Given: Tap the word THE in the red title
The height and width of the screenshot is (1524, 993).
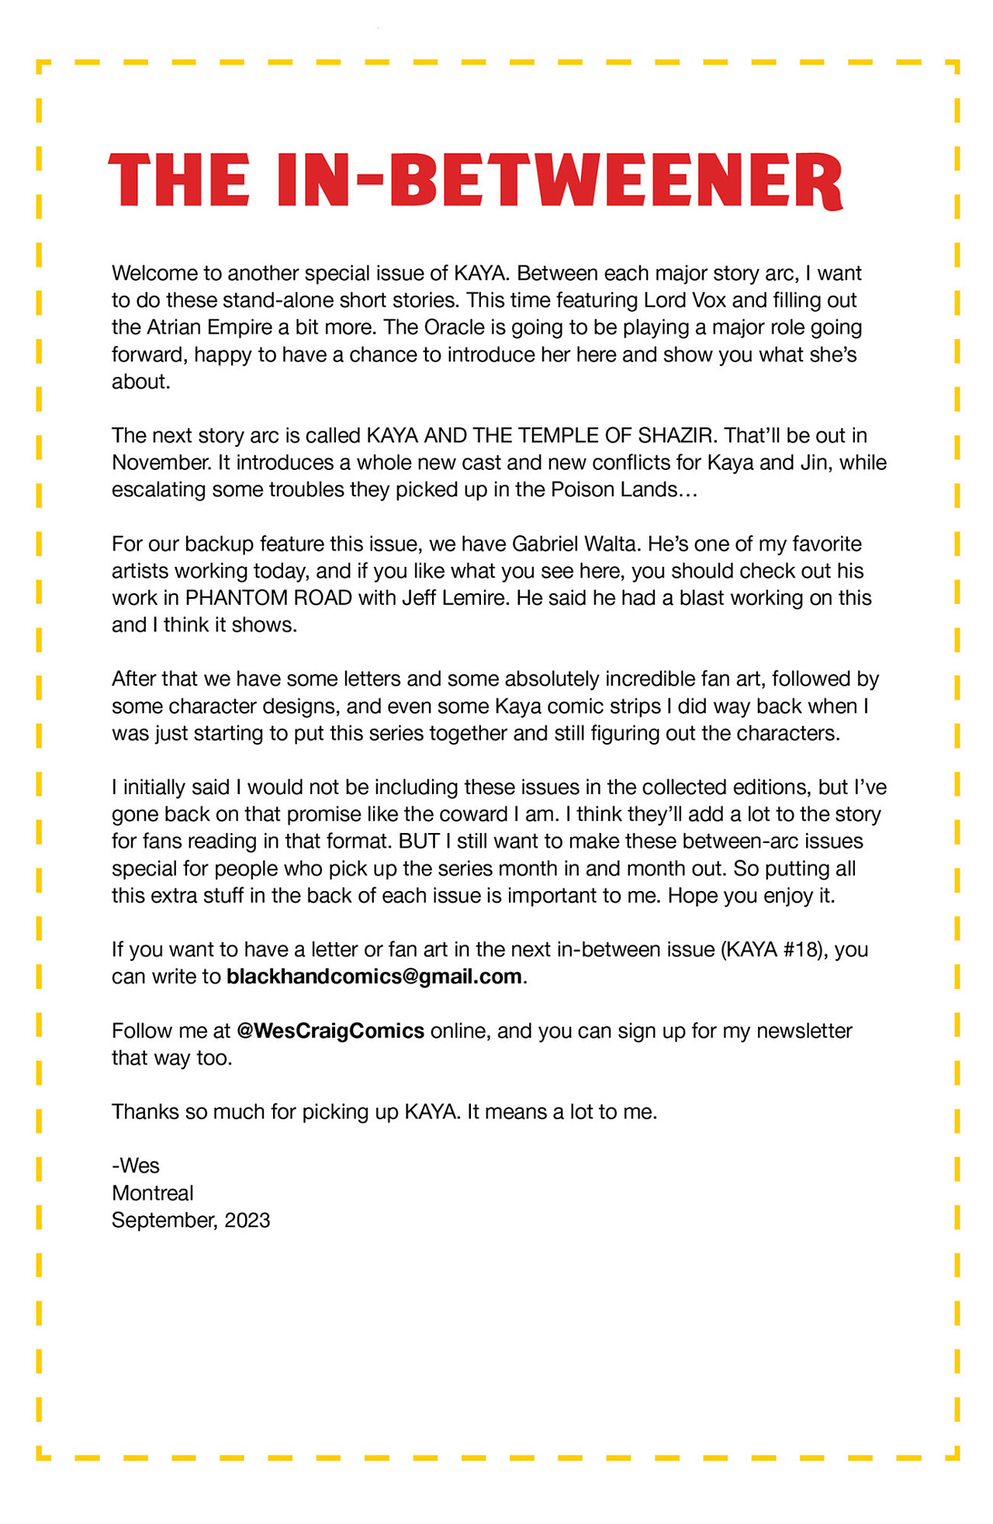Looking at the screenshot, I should pyautogui.click(x=179, y=181).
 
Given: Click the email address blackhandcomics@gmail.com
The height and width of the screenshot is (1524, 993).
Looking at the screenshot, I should pyautogui.click(x=374, y=976).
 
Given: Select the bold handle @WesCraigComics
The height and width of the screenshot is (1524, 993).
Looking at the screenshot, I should pyautogui.click(x=330, y=1031).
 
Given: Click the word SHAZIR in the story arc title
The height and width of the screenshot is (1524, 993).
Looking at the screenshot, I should pyautogui.click(x=674, y=436).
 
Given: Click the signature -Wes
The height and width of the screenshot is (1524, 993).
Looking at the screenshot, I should pyautogui.click(x=136, y=1166).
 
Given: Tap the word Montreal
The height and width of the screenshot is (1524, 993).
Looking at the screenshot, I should pyautogui.click(x=153, y=1193).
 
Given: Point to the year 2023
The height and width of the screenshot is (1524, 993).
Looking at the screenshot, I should pyautogui.click(x=247, y=1220).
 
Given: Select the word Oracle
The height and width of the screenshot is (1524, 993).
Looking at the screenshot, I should pyautogui.click(x=457, y=327).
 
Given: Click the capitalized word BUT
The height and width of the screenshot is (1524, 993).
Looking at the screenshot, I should pyautogui.click(x=419, y=841).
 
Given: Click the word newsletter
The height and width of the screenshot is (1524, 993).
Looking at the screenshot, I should pyautogui.click(x=804, y=1031).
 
